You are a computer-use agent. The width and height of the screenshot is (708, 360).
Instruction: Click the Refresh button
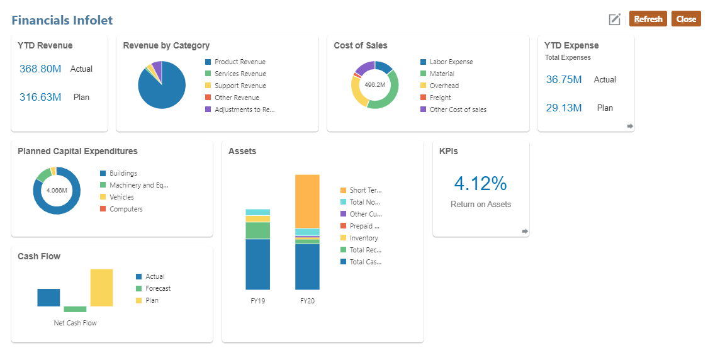(648, 19)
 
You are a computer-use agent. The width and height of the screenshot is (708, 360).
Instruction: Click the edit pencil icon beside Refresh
(615, 20)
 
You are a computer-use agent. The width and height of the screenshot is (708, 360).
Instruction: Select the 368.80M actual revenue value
(40, 69)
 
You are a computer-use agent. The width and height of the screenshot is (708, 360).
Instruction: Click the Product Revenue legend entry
(239, 62)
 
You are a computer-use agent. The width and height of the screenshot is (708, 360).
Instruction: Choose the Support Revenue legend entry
(240, 86)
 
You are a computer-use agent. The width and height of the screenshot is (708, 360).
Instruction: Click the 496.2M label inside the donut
(374, 85)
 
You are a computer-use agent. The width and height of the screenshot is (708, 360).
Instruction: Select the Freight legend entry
(440, 98)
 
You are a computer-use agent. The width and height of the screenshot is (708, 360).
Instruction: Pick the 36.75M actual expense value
(564, 80)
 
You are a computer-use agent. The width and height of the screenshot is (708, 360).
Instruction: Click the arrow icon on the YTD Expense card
(630, 127)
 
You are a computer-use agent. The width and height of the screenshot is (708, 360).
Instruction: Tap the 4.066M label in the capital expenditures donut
(57, 190)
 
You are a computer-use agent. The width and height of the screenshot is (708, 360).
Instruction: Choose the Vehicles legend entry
(121, 198)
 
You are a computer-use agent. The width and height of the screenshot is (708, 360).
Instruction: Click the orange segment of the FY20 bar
(307, 201)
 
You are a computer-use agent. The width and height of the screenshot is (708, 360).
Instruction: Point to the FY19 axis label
(257, 301)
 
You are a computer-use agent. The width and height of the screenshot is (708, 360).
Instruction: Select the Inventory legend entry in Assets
(363, 239)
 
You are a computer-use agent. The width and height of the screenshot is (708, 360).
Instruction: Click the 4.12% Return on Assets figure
(480, 184)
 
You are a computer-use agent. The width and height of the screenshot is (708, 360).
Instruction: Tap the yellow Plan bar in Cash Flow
(101, 288)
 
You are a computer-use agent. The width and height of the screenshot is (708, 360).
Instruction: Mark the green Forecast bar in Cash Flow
(75, 309)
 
